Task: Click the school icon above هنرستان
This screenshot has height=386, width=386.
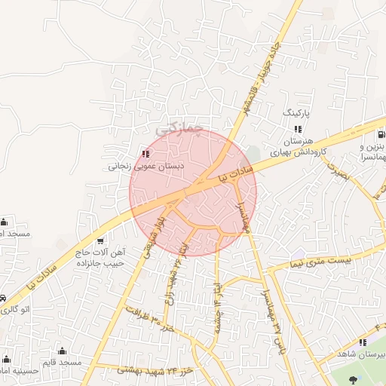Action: [x=298, y=129]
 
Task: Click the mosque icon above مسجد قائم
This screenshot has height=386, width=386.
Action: [x=62, y=351]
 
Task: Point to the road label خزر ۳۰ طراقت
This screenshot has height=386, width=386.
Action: [x=151, y=320]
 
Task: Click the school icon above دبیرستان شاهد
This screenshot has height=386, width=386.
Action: [x=362, y=343]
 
